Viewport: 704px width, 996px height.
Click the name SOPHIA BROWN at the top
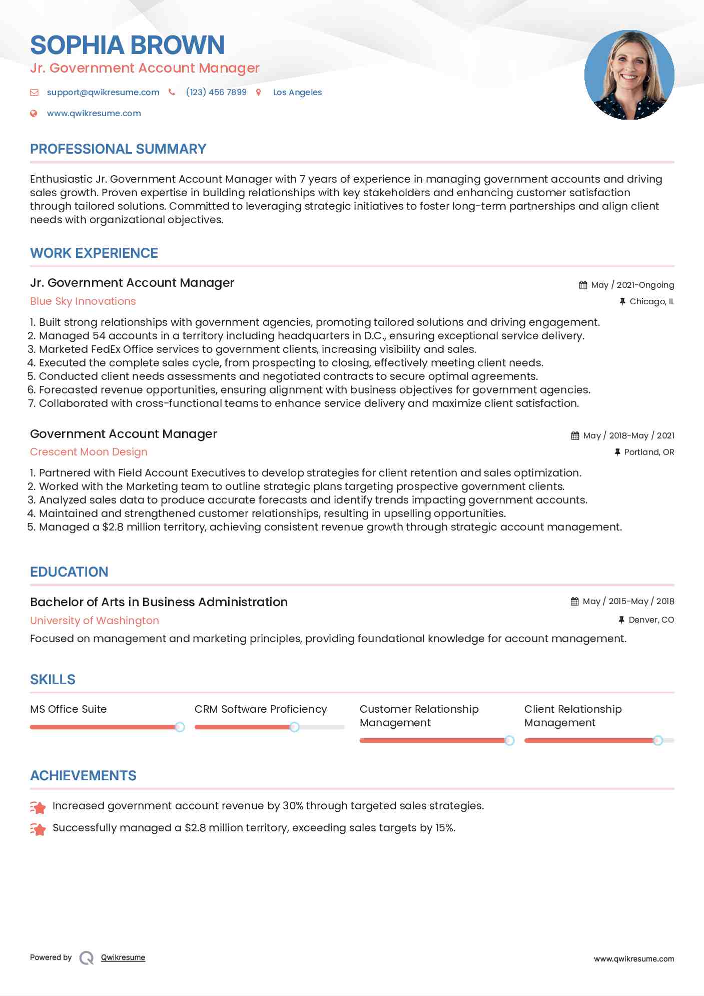tap(128, 45)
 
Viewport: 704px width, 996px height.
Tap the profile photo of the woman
tap(629, 75)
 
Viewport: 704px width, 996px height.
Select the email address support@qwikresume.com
tap(103, 92)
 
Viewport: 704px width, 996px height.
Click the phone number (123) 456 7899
tap(216, 92)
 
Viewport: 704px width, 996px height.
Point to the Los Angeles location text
tap(297, 92)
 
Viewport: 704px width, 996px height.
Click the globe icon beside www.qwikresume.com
tap(34, 113)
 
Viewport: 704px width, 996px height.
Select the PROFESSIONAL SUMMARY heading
tap(118, 149)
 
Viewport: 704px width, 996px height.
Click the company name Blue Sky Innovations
tap(83, 301)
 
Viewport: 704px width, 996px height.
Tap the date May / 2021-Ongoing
tap(632, 285)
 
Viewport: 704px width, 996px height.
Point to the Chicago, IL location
tap(651, 301)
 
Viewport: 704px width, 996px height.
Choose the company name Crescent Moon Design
tap(89, 452)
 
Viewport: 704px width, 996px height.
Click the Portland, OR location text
tap(649, 452)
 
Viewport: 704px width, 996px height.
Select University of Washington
tap(95, 621)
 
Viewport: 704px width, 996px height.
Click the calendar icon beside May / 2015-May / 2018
tap(574, 601)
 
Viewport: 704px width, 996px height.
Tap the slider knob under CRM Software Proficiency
tap(295, 727)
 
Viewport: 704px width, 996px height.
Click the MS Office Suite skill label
tap(69, 709)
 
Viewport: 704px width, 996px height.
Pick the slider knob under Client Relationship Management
tap(658, 740)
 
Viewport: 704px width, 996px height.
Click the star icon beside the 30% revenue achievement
tap(38, 807)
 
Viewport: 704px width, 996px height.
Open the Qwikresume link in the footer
tap(123, 957)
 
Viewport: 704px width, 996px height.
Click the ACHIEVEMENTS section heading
tap(83, 776)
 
